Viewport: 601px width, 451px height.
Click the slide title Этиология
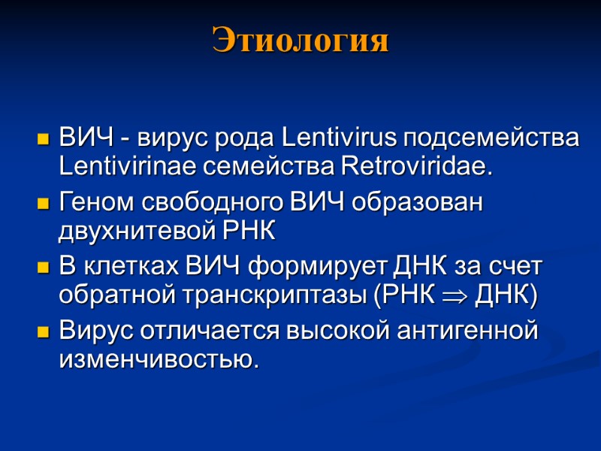(300, 40)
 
